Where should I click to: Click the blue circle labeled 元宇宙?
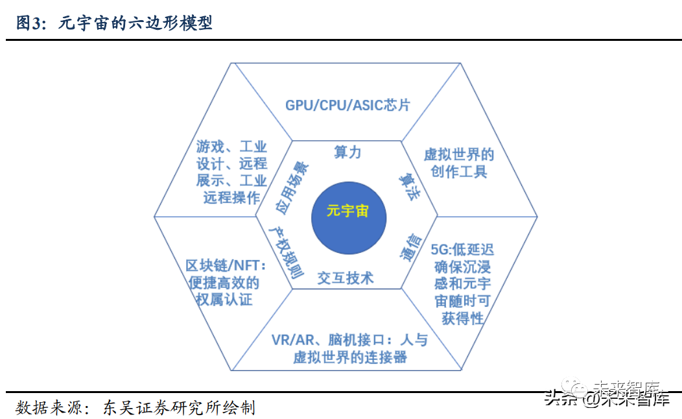[348, 212]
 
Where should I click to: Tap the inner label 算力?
[347, 152]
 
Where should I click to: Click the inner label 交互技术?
[346, 278]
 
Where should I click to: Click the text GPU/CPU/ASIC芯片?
[347, 104]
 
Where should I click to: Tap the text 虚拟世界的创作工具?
[459, 163]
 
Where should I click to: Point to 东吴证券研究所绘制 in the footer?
[180, 407]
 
